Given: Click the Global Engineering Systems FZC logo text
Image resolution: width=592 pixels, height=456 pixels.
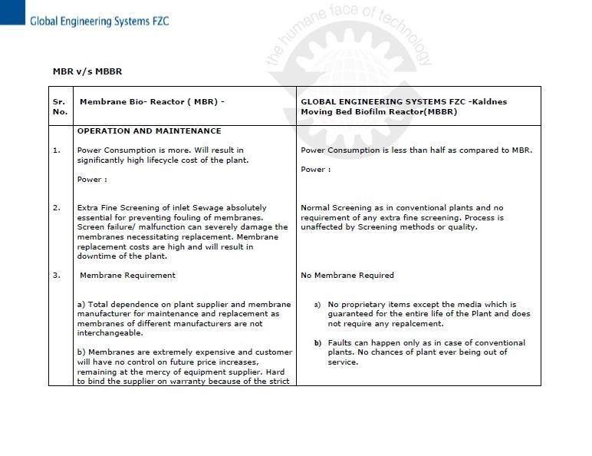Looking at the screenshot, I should (x=99, y=21).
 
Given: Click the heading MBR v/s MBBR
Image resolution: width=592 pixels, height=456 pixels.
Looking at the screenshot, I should (x=87, y=71).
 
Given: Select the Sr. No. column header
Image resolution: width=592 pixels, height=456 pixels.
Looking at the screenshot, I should (x=60, y=106).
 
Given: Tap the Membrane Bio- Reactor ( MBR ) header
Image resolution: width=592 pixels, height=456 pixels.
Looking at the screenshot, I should (x=152, y=101).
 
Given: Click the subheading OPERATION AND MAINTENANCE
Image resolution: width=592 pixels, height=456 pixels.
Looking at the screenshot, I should (x=149, y=131).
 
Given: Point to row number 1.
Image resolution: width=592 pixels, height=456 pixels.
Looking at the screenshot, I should (x=57, y=150).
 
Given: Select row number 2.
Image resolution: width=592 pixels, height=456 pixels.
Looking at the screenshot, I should (x=57, y=207).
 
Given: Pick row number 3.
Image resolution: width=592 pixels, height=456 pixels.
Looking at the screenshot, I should (x=57, y=275).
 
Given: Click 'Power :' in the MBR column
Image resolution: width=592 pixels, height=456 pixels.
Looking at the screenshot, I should (x=92, y=179).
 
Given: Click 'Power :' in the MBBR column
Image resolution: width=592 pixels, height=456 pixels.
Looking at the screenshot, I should (x=315, y=169).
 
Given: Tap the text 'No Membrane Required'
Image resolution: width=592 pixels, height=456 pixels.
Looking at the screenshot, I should (x=347, y=275).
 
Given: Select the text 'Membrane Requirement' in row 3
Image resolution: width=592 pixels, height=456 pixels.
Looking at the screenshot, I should (x=127, y=275).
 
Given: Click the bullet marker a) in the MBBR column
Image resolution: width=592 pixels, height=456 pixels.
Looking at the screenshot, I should (x=317, y=305).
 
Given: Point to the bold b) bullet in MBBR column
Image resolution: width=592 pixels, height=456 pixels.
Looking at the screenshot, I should (x=317, y=342).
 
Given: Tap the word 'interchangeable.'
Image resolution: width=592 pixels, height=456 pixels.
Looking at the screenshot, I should (x=110, y=333).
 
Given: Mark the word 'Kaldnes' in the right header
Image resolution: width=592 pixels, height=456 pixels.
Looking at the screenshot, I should (x=489, y=101).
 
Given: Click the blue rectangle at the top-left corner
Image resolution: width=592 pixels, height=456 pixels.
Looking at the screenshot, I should (x=12, y=12).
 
